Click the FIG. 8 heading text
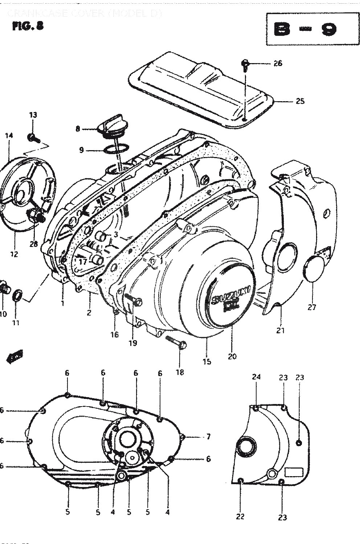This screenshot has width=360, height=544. (28, 26)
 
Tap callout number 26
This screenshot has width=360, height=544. (278, 63)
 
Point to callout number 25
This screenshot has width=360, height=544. (300, 101)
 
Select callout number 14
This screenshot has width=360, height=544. (9, 135)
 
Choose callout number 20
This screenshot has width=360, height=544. (232, 356)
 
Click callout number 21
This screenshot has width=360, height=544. (281, 330)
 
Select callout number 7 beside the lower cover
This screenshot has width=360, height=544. (208, 437)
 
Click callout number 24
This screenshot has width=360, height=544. (256, 377)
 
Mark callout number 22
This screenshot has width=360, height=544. (241, 516)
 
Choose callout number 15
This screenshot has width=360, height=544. (207, 362)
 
